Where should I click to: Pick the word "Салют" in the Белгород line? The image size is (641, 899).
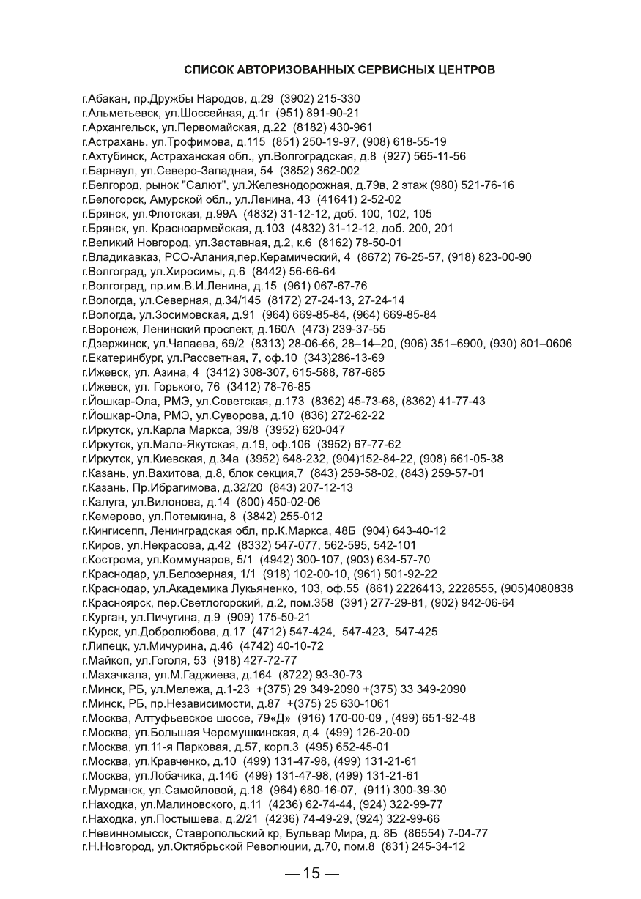coord(209,185)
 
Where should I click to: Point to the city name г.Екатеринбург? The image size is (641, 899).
coord(123,358)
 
